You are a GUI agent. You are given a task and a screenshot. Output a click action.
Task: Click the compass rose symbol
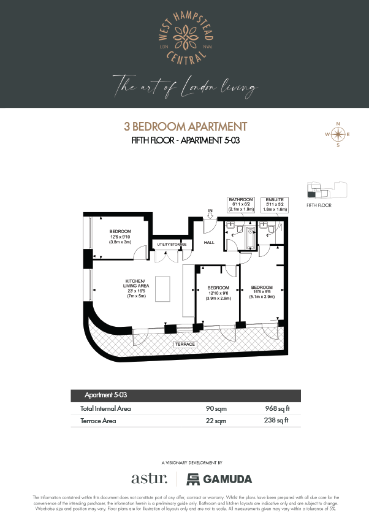[337, 134]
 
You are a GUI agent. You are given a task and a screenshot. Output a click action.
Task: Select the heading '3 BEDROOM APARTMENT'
[184, 127]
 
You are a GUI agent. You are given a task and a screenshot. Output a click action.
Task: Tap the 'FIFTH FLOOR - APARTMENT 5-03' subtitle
[184, 140]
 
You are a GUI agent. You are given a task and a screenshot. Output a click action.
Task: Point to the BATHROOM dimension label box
[241, 204]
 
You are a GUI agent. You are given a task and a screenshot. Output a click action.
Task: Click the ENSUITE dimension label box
[273, 204]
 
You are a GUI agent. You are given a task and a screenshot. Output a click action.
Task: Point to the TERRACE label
[184, 344]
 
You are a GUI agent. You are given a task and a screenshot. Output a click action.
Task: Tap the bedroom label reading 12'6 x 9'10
[120, 236]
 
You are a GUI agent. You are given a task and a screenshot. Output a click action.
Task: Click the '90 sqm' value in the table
[213, 408]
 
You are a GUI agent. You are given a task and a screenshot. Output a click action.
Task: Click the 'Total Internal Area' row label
[105, 408]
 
